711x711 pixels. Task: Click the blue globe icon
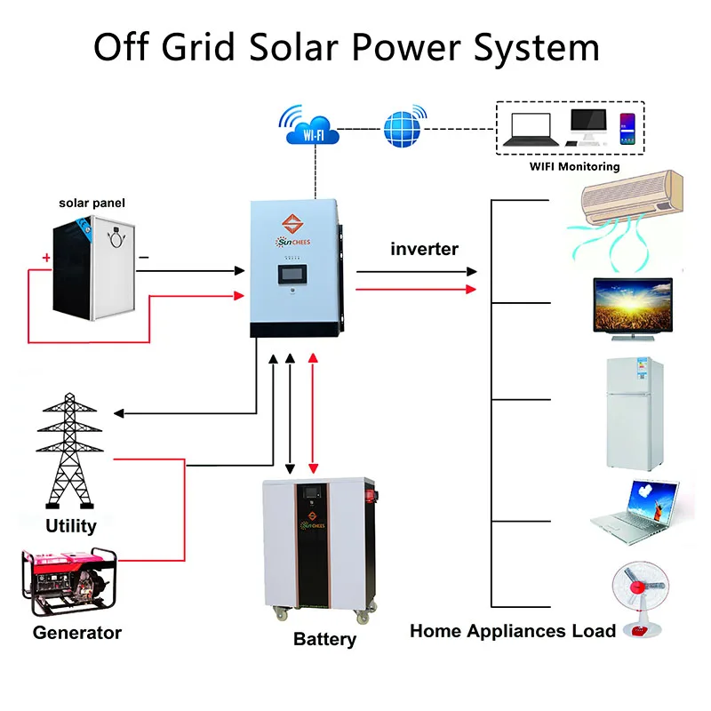coord(405,126)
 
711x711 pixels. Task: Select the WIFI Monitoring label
coord(574,166)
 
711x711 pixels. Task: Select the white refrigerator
coord(635,413)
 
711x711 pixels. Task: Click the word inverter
coord(424,249)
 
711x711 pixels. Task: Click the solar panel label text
coord(92,203)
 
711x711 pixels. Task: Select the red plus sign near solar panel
coord(45,259)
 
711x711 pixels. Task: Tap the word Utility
coord(70,525)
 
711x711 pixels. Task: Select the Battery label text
coord(324,639)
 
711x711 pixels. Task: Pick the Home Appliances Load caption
coord(512,631)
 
